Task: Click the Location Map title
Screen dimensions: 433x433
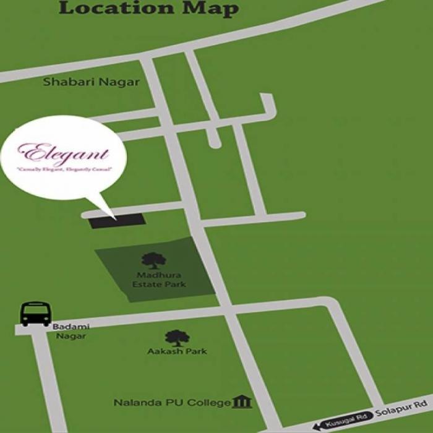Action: point(148,9)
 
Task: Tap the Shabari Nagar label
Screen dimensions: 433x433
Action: point(92,82)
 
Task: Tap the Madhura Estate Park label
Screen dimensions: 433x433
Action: point(159,280)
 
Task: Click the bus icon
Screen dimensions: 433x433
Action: point(36,314)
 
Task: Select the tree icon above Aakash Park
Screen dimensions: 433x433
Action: point(176,338)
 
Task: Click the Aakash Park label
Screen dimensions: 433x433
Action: point(168,351)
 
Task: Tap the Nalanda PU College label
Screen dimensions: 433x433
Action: point(172,403)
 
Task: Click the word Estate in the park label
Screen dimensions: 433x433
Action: point(145,285)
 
